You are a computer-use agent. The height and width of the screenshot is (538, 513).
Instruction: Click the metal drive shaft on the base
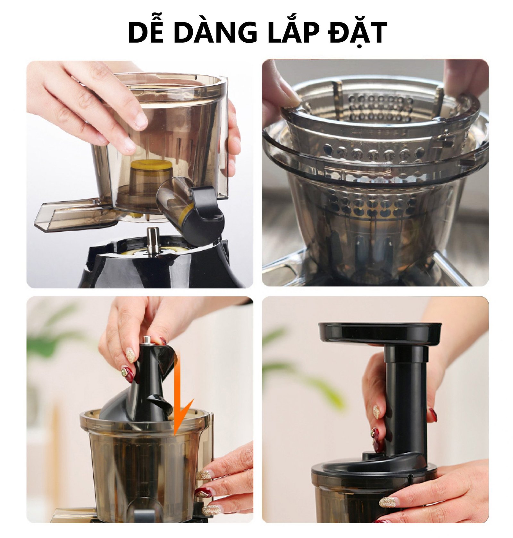coord(153,240)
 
